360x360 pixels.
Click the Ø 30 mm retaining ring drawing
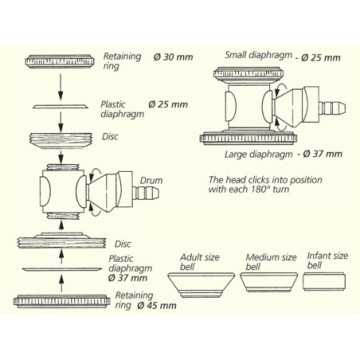tap(60, 61)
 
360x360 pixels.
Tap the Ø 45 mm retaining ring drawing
tap(62, 301)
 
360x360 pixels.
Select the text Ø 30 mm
tap(173, 57)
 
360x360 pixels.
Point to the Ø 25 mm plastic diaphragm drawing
tap(60, 106)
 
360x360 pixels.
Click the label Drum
tap(151, 181)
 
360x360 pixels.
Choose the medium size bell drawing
tap(269, 282)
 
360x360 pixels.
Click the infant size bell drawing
tap(323, 282)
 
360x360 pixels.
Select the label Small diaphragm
tap(258, 55)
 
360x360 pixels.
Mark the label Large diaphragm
tap(258, 154)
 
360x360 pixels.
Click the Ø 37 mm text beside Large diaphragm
tap(322, 154)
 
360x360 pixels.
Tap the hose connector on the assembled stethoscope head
tap(332, 108)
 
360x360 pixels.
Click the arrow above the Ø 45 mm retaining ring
tap(61, 284)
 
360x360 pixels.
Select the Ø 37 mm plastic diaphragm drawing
tap(62, 269)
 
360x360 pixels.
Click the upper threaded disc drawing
tap(60, 140)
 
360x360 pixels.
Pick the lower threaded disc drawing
tap(62, 240)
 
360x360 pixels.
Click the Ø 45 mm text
tap(157, 306)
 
